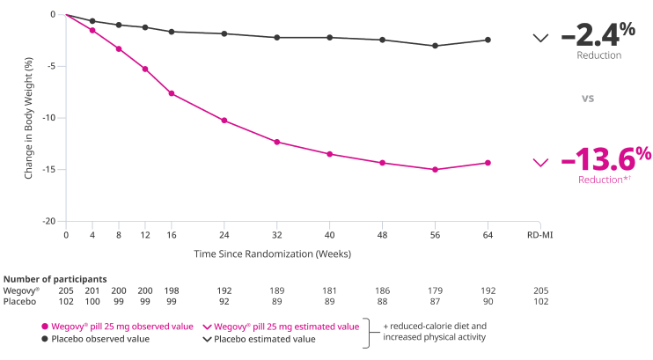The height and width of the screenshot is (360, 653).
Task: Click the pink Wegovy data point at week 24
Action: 224,120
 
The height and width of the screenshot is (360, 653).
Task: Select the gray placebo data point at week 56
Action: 435,45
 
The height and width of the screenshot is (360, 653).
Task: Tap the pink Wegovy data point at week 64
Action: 488,163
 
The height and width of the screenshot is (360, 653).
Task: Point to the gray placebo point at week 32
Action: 276,37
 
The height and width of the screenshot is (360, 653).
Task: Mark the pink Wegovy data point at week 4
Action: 92,30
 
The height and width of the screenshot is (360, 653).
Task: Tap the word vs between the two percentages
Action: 588,99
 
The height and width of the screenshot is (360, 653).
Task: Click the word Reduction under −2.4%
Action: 599,55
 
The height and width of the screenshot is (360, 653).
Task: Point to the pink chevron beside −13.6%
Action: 541,162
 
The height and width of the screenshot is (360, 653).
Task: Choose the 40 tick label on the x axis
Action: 329,236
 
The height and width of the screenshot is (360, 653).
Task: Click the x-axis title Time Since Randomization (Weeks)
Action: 273,253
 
